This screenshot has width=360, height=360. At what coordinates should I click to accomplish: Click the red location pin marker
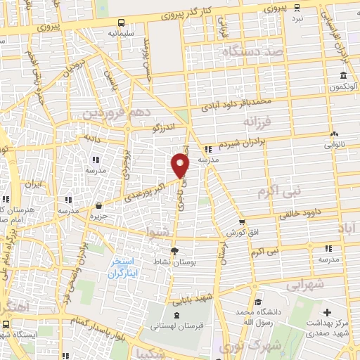pyautogui.click(x=181, y=166)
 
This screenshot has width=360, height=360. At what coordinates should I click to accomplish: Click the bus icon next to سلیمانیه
pyautogui.click(x=122, y=22)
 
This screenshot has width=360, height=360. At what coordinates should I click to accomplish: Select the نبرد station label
pyautogui.click(x=298, y=18)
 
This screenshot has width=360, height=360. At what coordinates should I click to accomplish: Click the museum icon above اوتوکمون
pyautogui.click(x=343, y=76)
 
